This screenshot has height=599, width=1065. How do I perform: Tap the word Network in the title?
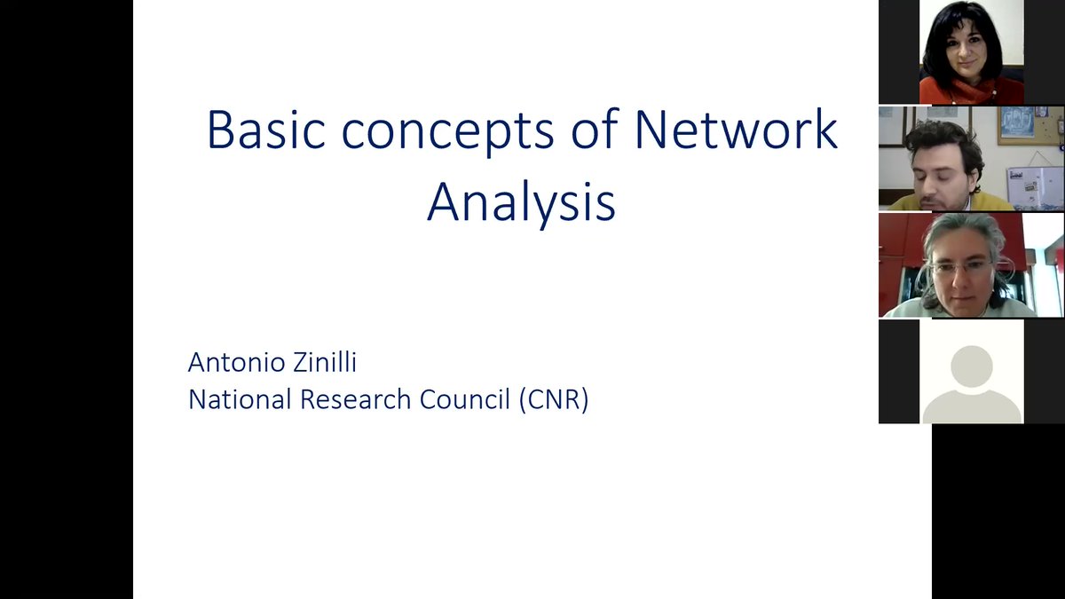click(x=736, y=130)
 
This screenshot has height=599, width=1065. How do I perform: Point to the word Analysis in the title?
click(x=521, y=203)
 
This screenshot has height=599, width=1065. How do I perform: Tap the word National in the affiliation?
click(x=240, y=399)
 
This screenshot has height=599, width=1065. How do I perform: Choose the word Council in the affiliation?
click(x=465, y=399)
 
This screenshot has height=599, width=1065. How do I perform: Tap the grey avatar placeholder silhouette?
click(x=971, y=377)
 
